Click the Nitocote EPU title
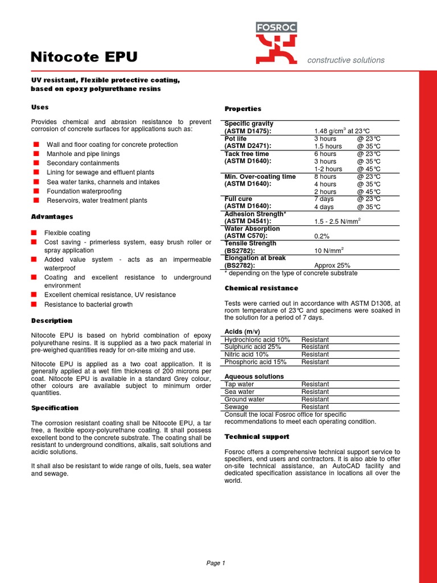[x=84, y=57]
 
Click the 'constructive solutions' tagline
[x=345, y=60]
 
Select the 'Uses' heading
[x=40, y=107]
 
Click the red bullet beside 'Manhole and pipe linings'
[x=36, y=154]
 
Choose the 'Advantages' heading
[x=52, y=217]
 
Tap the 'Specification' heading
[x=55, y=408]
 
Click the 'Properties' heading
[x=243, y=109]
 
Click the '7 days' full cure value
[x=324, y=199]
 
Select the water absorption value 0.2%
[x=322, y=236]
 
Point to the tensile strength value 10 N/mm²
[x=329, y=251]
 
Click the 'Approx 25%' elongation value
[x=332, y=265]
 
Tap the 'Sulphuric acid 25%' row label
[x=253, y=347]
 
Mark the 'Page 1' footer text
[x=216, y=563]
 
